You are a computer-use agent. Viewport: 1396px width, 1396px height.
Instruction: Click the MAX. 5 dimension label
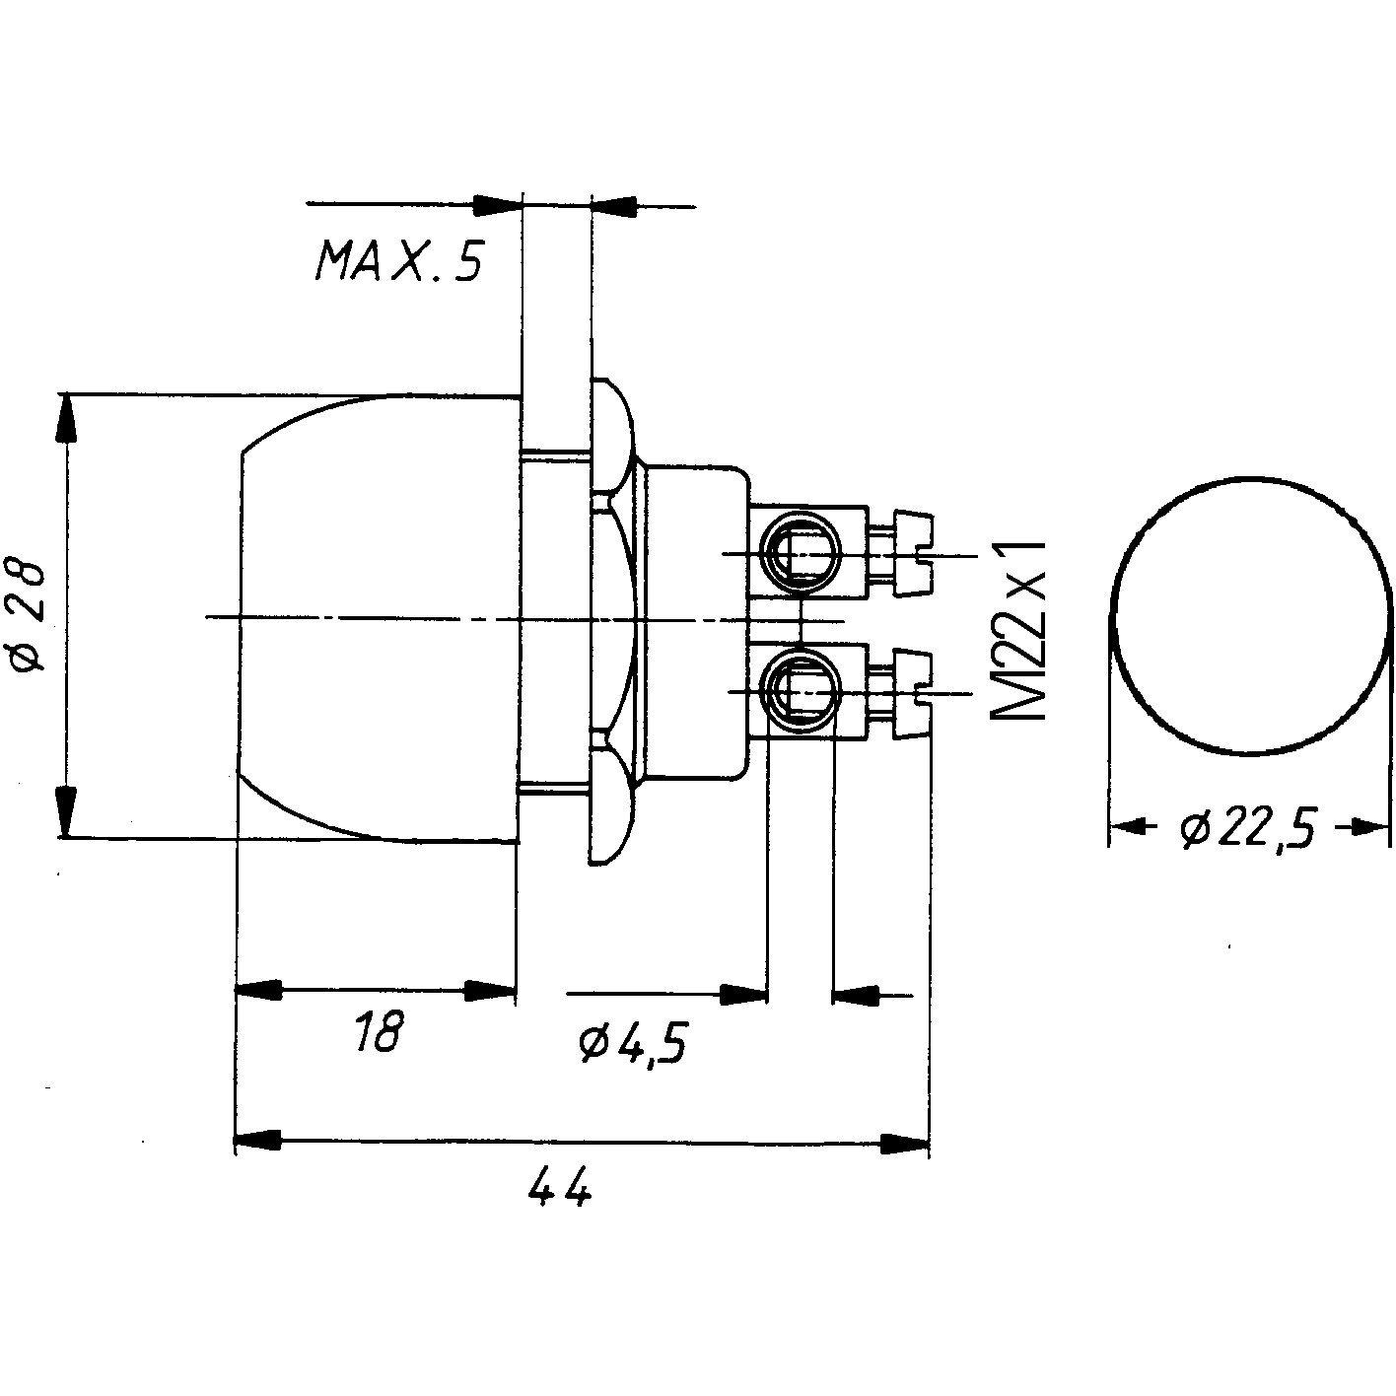pyautogui.click(x=399, y=261)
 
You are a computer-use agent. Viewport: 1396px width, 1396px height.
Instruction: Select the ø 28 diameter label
pyautogui.click(x=30, y=616)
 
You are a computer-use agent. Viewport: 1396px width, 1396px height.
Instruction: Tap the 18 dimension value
pyautogui.click(x=378, y=1033)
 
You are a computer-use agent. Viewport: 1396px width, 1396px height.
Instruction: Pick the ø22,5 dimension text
pyautogui.click(x=1248, y=830)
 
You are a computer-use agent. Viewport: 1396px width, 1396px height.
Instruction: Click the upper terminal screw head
pyautogui.click(x=912, y=553)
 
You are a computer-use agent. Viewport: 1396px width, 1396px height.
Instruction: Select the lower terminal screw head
pyautogui.click(x=912, y=691)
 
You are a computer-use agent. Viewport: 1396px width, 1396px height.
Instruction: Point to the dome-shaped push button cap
pyautogui.click(x=375, y=616)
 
